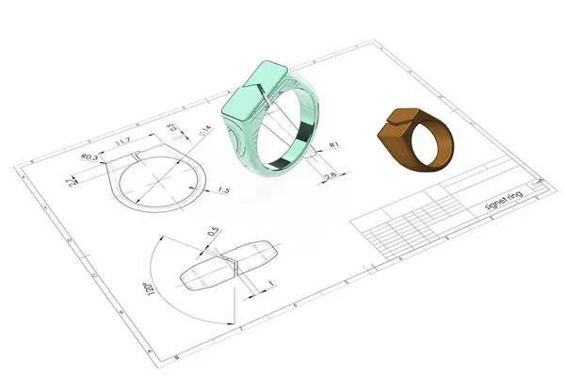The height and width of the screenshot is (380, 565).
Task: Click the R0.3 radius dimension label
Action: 90,157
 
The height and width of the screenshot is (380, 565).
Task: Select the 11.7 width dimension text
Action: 121,142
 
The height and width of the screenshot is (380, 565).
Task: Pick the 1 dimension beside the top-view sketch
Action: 270,284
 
